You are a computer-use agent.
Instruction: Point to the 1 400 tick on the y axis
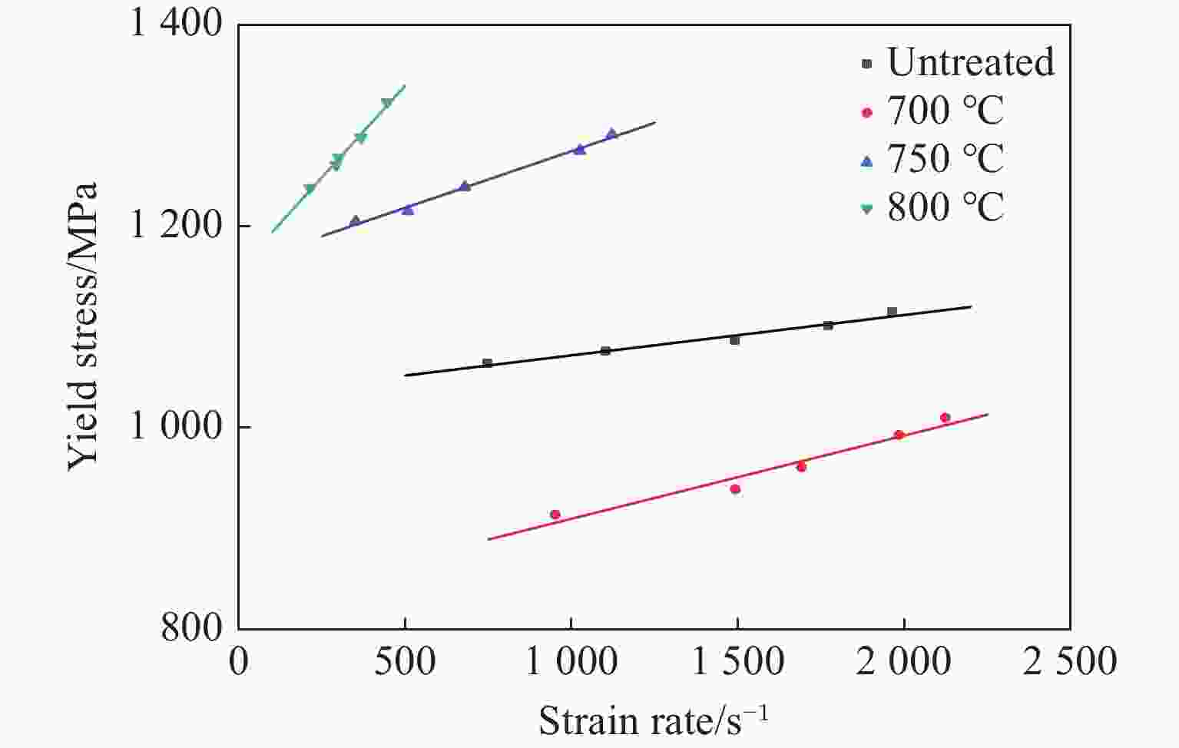pyautogui.click(x=176, y=25)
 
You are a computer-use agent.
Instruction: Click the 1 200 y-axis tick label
pyautogui.click(x=176, y=226)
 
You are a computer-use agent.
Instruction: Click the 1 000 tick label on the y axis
pyautogui.click(x=176, y=427)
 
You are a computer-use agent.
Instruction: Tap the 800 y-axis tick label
pyautogui.click(x=191, y=628)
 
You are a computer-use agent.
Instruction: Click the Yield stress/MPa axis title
pyautogui.click(x=82, y=326)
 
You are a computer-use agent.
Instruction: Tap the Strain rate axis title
pyautogui.click(x=654, y=721)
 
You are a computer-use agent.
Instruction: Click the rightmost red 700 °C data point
pyautogui.click(x=945, y=418)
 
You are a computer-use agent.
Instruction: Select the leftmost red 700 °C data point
pyautogui.click(x=555, y=515)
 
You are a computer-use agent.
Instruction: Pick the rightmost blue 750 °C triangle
pyautogui.click(x=611, y=134)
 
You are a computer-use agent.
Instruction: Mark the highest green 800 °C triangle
pyautogui.click(x=386, y=103)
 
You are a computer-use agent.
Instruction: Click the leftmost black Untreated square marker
pyautogui.click(x=487, y=363)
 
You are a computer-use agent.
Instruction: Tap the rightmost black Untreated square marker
pyautogui.click(x=892, y=312)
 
